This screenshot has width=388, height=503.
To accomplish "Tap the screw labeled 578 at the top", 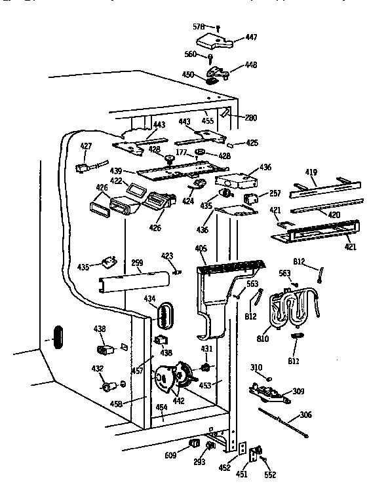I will click(x=218, y=27).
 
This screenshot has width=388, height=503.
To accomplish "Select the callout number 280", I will click(x=251, y=118).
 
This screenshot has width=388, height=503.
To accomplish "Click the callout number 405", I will click(x=201, y=248).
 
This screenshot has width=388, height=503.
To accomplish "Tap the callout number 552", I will click(x=270, y=475).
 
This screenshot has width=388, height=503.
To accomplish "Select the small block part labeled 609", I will click(x=195, y=445).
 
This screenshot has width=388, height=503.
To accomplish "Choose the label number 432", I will click(x=97, y=369).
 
